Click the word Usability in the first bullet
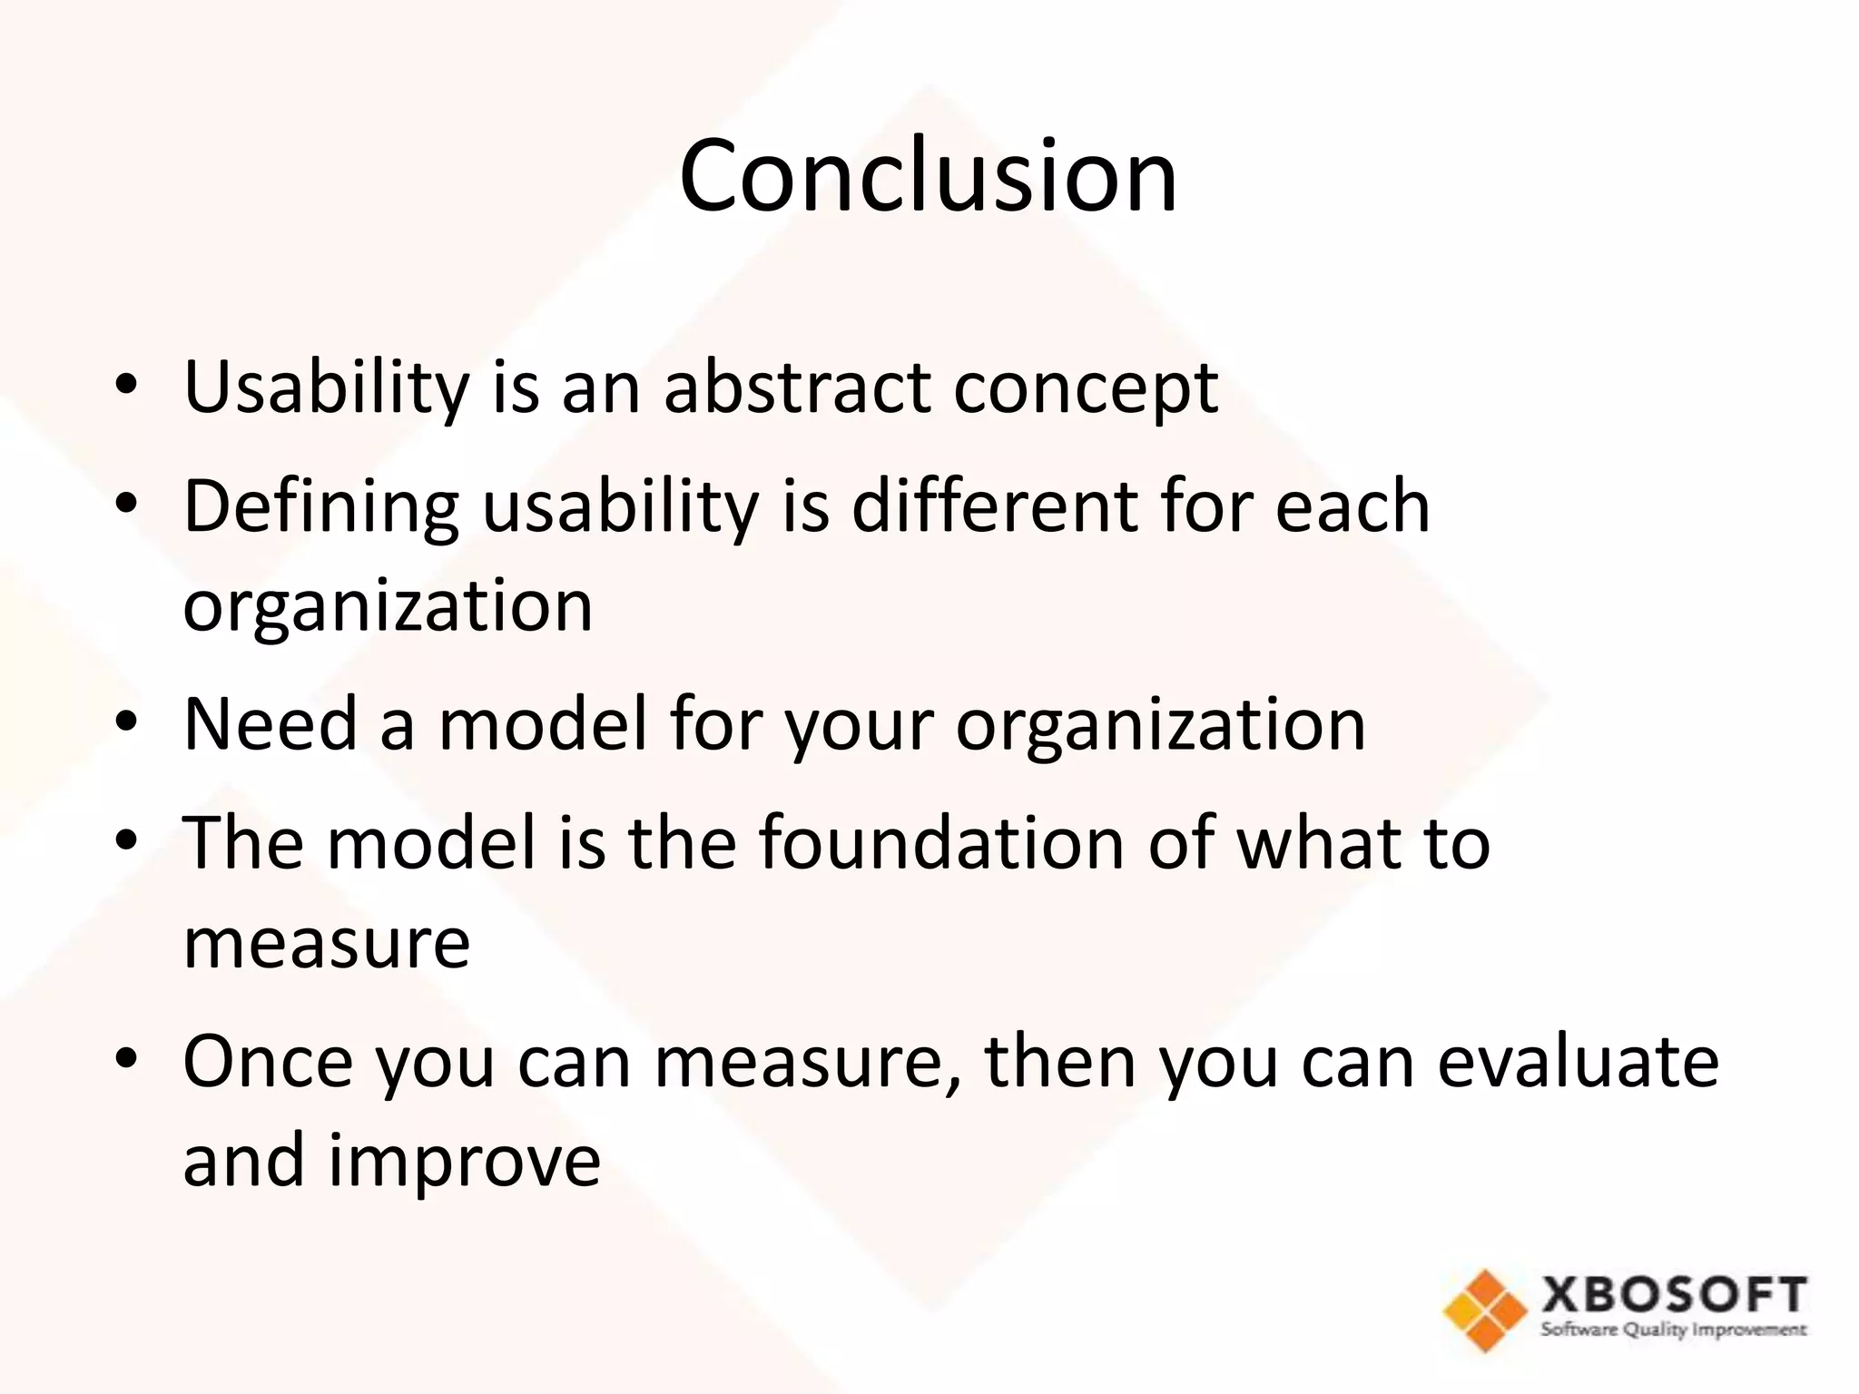[326, 388]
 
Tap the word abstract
[797, 388]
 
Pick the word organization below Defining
[388, 607]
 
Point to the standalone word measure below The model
[327, 944]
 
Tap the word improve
[464, 1163]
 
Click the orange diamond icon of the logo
[1486, 1311]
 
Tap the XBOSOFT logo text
[1673, 1295]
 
